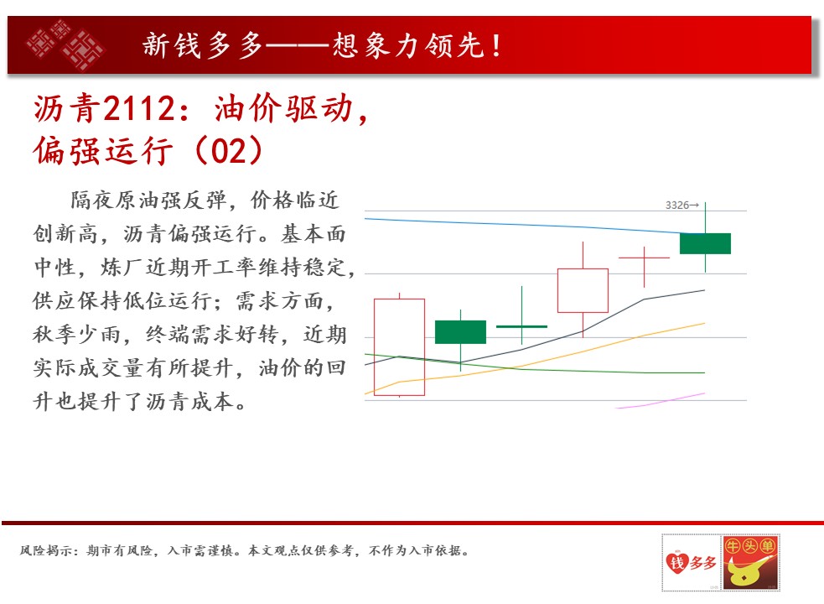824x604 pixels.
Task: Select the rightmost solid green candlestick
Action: [x=705, y=243]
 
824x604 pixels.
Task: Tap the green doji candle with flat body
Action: [x=522, y=326]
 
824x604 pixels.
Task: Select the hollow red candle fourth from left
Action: [x=583, y=290]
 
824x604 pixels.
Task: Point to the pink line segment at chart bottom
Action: [x=660, y=401]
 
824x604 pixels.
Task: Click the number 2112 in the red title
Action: [x=138, y=109]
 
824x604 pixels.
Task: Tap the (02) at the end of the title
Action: [x=229, y=150]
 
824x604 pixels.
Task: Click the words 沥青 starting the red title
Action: [x=66, y=109]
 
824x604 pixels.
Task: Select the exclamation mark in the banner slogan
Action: [x=496, y=46]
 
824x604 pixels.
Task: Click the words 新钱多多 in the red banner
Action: [x=202, y=45]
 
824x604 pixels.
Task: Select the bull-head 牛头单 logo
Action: [x=751, y=562]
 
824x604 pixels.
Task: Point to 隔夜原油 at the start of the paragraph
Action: [x=116, y=200]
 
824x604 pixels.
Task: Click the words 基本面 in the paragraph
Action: [x=314, y=233]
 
